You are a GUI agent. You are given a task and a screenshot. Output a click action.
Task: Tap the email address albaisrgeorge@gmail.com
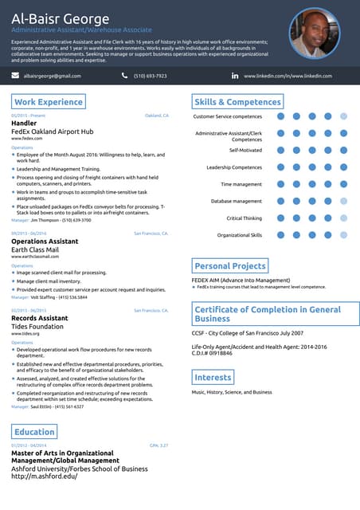pyautogui.click(x=53, y=76)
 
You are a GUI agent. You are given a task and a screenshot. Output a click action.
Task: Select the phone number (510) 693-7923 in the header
pyautogui.click(x=151, y=76)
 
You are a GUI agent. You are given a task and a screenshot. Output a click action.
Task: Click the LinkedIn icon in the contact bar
pyautogui.click(x=235, y=76)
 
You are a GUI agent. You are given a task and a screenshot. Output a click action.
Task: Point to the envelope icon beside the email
pyautogui.click(x=15, y=76)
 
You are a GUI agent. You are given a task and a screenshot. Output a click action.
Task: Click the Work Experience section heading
pyautogui.click(x=49, y=102)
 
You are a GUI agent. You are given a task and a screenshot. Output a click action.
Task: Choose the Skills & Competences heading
pyautogui.click(x=238, y=102)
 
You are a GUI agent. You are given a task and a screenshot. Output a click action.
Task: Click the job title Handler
pyautogui.click(x=24, y=124)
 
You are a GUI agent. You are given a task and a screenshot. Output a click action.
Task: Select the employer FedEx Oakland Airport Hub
pyautogui.click(x=53, y=131)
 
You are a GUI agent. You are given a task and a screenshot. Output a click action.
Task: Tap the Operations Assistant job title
pyautogui.click(x=45, y=241)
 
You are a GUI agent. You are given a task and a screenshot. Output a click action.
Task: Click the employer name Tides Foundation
pyautogui.click(x=37, y=326)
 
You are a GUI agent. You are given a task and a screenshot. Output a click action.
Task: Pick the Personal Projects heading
pyautogui.click(x=230, y=266)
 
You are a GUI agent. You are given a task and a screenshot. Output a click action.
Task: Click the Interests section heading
pyautogui.click(x=213, y=377)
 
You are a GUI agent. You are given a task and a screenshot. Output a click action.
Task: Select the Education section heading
pyautogui.click(x=34, y=432)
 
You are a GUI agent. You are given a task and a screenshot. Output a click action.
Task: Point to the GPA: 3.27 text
pyautogui.click(x=158, y=445)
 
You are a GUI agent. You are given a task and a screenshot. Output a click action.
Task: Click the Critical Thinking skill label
pyautogui.click(x=244, y=218)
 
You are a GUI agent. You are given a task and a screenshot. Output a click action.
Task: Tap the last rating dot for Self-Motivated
pyautogui.click(x=343, y=150)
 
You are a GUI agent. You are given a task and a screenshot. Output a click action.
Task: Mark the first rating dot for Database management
pyautogui.click(x=280, y=202)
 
